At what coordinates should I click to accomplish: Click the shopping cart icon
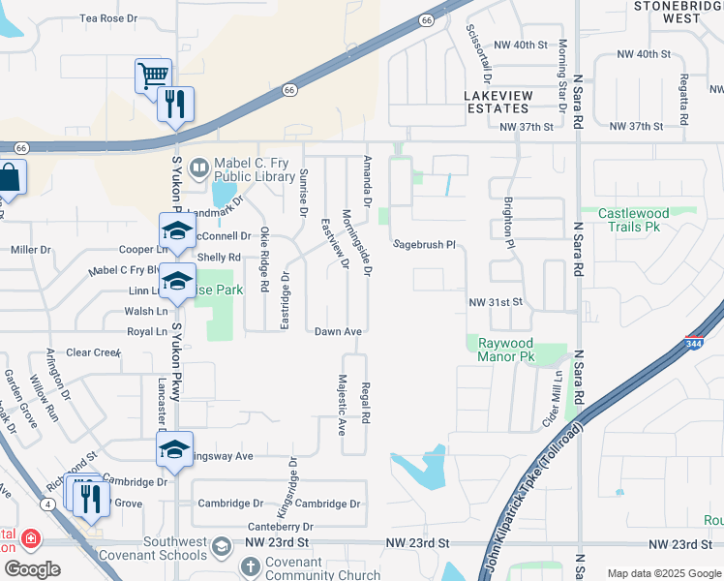pyautogui.click(x=153, y=76)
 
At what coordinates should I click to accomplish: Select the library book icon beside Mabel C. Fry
pyautogui.click(x=198, y=169)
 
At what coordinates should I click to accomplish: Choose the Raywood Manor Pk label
pyautogui.click(x=504, y=350)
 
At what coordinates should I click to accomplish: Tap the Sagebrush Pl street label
pyautogui.click(x=424, y=245)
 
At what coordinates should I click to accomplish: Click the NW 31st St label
pyautogui.click(x=495, y=302)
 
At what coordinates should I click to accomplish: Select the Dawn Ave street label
pyautogui.click(x=338, y=331)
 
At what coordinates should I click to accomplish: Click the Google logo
pyautogui.click(x=32, y=569)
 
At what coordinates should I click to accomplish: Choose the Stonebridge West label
pyautogui.click(x=680, y=12)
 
